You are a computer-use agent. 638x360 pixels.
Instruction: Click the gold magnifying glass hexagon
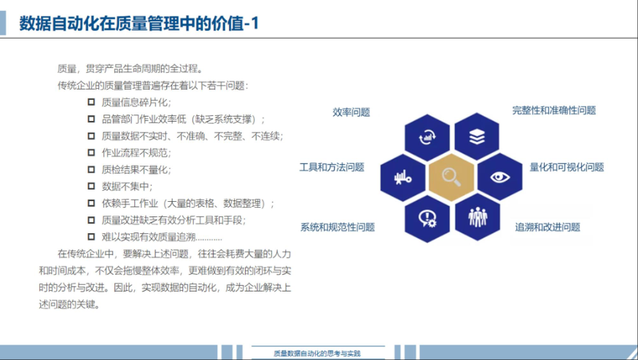point(451,177)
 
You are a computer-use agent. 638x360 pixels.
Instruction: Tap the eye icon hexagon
point(500,177)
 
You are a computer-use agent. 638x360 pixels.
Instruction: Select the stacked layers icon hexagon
point(476,137)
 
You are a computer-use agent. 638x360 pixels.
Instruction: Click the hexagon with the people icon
point(478,217)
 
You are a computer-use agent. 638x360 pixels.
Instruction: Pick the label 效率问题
point(351,112)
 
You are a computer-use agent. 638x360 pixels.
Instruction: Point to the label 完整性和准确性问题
point(553,110)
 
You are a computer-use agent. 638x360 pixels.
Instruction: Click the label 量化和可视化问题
point(567,167)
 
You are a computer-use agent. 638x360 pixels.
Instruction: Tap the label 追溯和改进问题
point(548,227)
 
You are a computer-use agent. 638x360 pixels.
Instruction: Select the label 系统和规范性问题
point(338,227)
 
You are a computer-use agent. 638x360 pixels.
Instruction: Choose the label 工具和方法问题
point(332,167)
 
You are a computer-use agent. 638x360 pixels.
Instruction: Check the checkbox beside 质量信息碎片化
point(91,102)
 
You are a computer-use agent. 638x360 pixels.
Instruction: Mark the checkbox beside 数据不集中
point(91,187)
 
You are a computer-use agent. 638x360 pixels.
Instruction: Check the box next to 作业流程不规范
point(91,152)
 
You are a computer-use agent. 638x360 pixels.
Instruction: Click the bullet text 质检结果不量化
point(136,170)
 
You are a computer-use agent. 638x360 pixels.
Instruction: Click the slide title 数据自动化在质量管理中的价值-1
point(139,23)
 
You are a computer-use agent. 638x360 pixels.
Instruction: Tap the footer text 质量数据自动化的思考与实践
point(317,353)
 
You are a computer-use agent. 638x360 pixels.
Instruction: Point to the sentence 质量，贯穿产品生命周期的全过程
point(130,69)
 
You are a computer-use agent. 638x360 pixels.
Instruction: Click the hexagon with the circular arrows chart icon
point(427,138)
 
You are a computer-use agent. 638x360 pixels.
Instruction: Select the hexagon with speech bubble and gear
point(427,219)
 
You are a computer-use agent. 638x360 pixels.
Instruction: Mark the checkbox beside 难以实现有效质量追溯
point(91,237)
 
